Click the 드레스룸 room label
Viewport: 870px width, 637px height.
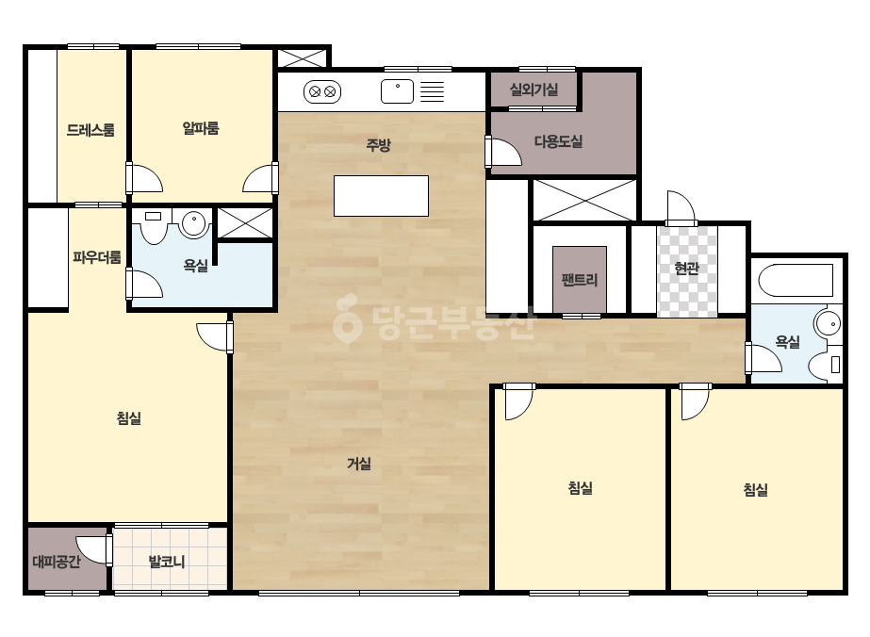90,130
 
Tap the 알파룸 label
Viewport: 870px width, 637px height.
201,128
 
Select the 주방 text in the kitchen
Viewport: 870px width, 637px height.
378,145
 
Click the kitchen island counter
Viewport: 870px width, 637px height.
381,196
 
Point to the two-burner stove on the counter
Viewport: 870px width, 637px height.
322,91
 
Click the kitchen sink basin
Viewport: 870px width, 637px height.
397,91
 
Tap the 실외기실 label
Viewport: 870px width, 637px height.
533,90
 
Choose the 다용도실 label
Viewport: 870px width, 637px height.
558,141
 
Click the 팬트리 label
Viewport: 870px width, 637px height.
580,280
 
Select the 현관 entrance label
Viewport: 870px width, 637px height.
686,269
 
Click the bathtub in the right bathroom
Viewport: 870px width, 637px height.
796,281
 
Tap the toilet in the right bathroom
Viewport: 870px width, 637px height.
826,365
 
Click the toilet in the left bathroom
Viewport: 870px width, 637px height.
153,226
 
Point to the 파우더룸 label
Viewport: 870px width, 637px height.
96,257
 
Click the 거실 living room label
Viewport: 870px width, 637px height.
359,464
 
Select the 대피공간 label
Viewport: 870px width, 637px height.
57,562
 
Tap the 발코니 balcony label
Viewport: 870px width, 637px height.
167,562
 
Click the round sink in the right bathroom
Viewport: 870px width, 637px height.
828,324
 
